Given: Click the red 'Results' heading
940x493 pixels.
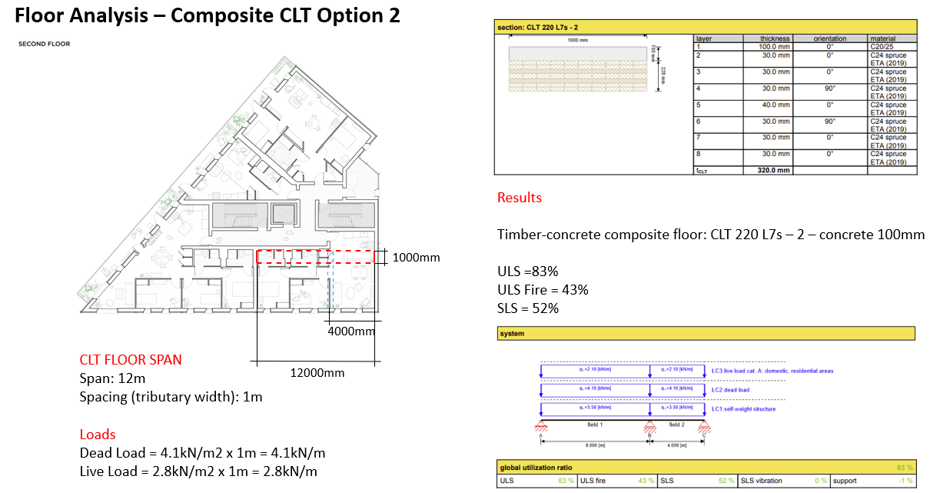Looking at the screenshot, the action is pos(520,198).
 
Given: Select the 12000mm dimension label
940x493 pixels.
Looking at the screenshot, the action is pos(317,373).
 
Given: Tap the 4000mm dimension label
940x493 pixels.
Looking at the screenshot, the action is pos(351,331).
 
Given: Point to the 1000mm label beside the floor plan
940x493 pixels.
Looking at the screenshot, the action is pos(416,258).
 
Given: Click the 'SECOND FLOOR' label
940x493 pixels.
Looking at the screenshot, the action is pos(44,44).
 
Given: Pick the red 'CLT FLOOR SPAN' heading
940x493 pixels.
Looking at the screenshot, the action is pos(131,359).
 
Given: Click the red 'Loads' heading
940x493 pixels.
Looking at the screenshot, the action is pos(98,434).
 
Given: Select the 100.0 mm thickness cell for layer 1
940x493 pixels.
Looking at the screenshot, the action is pos(775,47).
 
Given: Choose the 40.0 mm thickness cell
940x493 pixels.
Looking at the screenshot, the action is pos(775,105).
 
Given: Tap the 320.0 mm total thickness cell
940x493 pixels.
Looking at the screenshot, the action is pos(773,171).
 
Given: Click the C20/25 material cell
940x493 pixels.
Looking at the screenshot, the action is pos(881,47).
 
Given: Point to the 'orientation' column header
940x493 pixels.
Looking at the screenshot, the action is pos(830,38).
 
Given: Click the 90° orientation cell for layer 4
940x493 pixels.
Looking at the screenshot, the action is pos(830,88).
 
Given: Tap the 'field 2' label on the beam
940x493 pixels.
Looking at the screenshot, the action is pos(677,425).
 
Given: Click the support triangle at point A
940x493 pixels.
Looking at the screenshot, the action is pos(542,427).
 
